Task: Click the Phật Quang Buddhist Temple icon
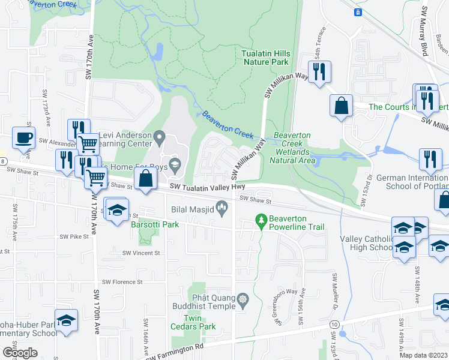(243, 299)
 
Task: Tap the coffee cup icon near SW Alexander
(23, 137)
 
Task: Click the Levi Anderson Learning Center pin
(159, 139)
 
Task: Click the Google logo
(20, 352)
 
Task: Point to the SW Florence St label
(122, 281)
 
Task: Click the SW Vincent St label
(141, 253)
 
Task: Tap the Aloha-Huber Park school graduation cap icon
(66, 320)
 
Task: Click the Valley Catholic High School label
(366, 243)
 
